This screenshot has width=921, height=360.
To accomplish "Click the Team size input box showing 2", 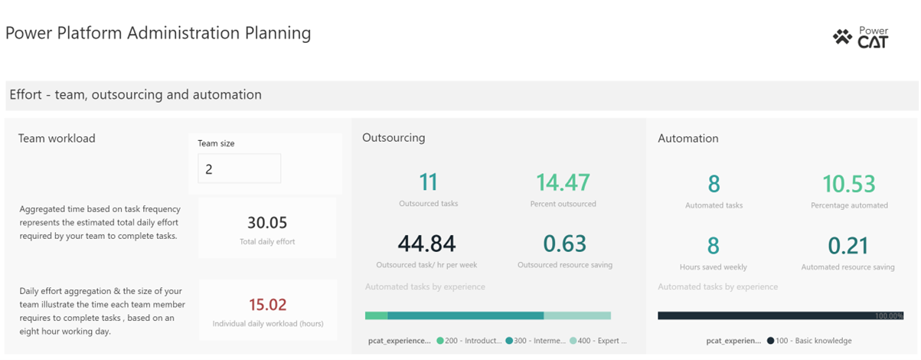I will tap(239, 169).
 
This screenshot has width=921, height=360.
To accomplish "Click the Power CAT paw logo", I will tap(842, 37).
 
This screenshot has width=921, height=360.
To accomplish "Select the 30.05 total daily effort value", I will tap(266, 223).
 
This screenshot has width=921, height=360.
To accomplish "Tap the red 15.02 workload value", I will tap(266, 306).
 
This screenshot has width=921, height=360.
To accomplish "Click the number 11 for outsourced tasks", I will tap(428, 182).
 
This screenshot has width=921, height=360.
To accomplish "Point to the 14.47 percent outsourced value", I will tap(562, 182).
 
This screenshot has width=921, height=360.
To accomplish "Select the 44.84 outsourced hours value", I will tap(427, 244).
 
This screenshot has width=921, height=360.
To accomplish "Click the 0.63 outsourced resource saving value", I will tap(564, 244).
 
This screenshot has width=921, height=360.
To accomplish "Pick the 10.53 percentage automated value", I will tap(848, 184).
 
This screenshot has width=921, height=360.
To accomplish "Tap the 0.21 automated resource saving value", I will tap(848, 245).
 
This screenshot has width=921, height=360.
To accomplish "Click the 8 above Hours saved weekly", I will tap(713, 245).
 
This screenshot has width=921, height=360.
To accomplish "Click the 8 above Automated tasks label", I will tap(713, 184).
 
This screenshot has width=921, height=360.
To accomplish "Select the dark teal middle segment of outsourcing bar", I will tap(465, 316).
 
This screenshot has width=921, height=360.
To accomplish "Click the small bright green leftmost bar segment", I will tap(376, 316).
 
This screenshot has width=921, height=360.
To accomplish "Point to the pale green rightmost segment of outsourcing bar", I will tap(577, 316).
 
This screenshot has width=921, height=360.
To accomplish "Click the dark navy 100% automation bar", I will tap(766, 316).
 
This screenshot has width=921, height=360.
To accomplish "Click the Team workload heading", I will tap(57, 139).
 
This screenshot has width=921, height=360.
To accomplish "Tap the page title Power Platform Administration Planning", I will tap(158, 33).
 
